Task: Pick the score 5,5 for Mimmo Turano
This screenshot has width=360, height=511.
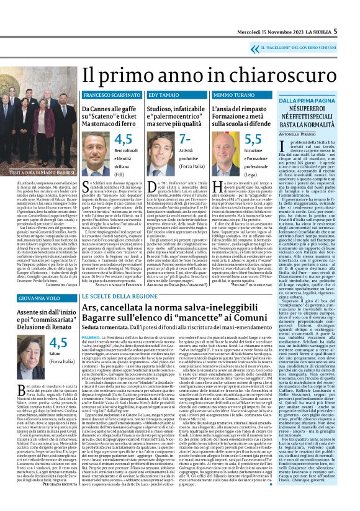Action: point(253,139)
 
